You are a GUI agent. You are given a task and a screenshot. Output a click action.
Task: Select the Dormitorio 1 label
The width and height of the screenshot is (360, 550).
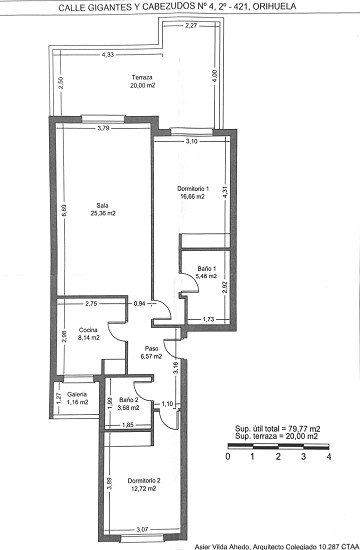192,190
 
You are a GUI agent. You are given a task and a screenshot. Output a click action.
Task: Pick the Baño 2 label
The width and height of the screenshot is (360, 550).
127,400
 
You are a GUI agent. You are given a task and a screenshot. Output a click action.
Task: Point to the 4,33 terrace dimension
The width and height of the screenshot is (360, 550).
107,55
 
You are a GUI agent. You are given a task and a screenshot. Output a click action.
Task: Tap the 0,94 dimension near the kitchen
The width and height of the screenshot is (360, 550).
140,303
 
